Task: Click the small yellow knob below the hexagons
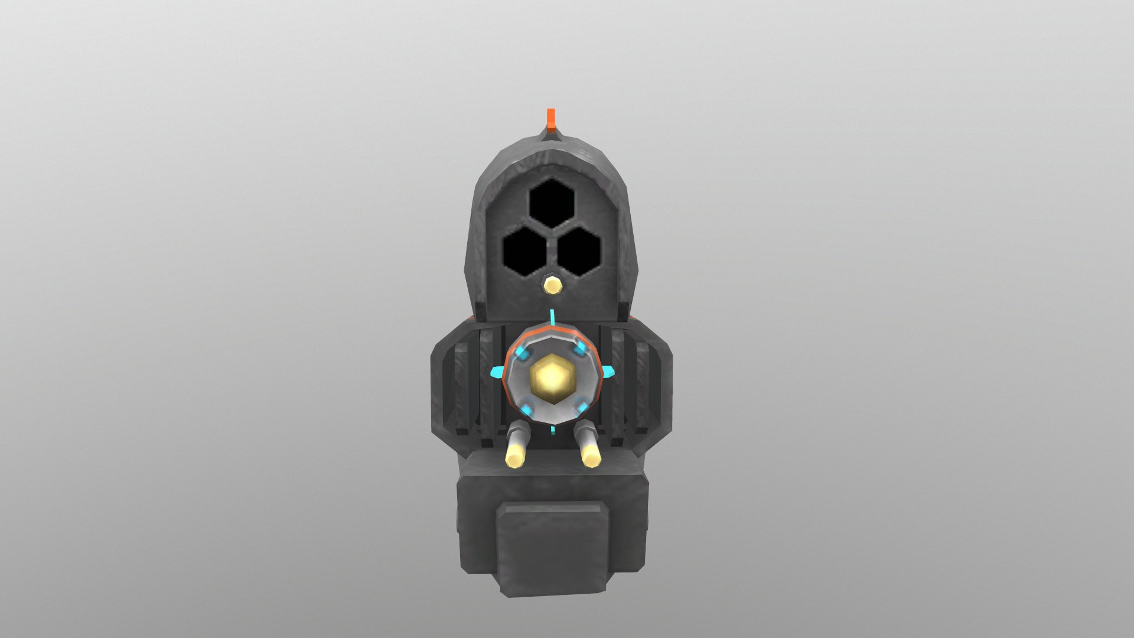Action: coord(553,285)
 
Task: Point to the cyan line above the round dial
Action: coord(552,317)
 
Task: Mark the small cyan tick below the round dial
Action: coord(552,429)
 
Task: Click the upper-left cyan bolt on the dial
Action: coord(522,353)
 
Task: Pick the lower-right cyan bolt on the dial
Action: coord(580,406)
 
